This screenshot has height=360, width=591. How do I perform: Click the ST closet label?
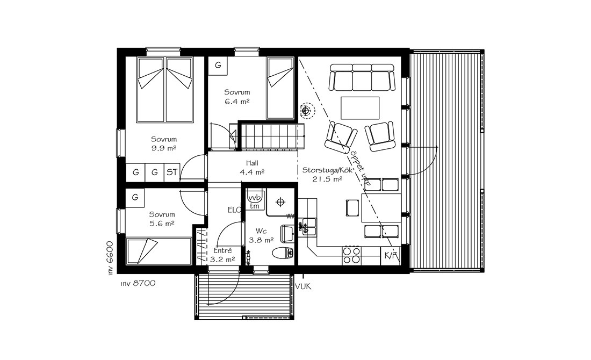[172, 172]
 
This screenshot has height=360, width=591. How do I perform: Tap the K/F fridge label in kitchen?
[391, 256]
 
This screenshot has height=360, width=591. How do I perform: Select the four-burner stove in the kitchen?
[352, 255]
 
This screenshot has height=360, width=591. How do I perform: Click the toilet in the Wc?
[284, 253]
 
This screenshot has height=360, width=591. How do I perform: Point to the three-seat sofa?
[362, 77]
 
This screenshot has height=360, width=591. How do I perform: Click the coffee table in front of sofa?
[360, 108]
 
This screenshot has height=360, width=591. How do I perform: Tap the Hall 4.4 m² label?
[252, 168]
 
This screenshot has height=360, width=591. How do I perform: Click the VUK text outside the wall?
[304, 287]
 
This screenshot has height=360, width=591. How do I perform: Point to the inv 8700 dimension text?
[138, 283]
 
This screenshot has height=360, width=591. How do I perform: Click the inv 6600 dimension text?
[110, 258]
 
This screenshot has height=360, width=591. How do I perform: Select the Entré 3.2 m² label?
[222, 255]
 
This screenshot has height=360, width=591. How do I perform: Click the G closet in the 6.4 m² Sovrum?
[218, 65]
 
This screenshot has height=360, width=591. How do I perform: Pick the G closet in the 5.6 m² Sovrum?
[135, 197]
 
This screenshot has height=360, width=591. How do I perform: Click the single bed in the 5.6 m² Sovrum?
[158, 251]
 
